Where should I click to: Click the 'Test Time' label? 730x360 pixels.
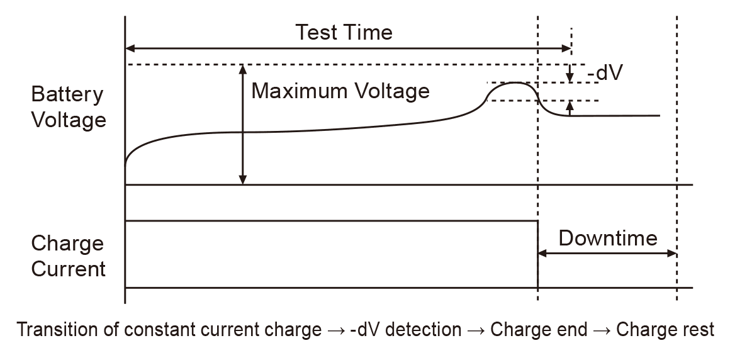click(x=344, y=31)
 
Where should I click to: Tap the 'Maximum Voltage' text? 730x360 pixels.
click(x=340, y=91)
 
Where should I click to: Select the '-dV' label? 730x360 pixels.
click(x=605, y=73)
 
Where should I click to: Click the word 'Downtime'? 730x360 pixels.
click(x=607, y=238)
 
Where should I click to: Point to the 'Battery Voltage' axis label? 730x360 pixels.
click(x=68, y=107)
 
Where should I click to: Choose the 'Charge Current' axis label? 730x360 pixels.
click(x=68, y=256)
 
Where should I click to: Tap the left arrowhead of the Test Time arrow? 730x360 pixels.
click(x=131, y=48)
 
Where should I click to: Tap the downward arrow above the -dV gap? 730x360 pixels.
click(x=570, y=78)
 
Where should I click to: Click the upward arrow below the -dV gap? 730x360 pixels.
click(x=570, y=105)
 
